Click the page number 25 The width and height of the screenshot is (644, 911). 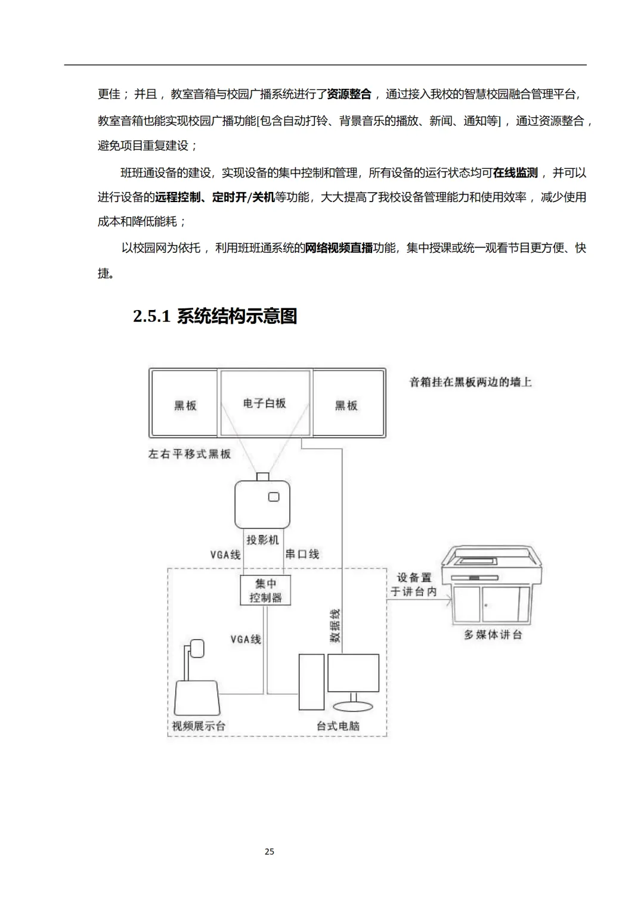click(x=270, y=851)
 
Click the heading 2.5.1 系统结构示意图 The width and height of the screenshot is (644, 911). click(x=215, y=316)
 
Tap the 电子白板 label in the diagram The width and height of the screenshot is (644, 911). click(x=264, y=404)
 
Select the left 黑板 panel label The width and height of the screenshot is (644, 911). click(x=185, y=405)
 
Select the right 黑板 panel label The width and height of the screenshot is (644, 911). click(x=346, y=405)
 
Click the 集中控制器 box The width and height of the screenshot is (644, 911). click(x=265, y=590)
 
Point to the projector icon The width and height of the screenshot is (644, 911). click(x=262, y=504)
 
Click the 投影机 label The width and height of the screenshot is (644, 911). click(x=262, y=540)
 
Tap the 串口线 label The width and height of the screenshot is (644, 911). click(x=302, y=554)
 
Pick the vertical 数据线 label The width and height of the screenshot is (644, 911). click(x=335, y=625)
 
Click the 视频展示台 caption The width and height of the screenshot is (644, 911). click(x=199, y=726)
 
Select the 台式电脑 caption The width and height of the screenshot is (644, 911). click(x=338, y=726)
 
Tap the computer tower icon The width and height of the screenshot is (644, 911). click(x=311, y=681)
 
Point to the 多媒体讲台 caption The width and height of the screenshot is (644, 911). click(x=493, y=635)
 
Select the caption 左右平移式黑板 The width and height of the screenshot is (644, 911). click(x=189, y=454)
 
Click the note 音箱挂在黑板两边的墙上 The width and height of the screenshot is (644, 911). click(x=470, y=382)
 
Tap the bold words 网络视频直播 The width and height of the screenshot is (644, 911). click(x=339, y=248)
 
